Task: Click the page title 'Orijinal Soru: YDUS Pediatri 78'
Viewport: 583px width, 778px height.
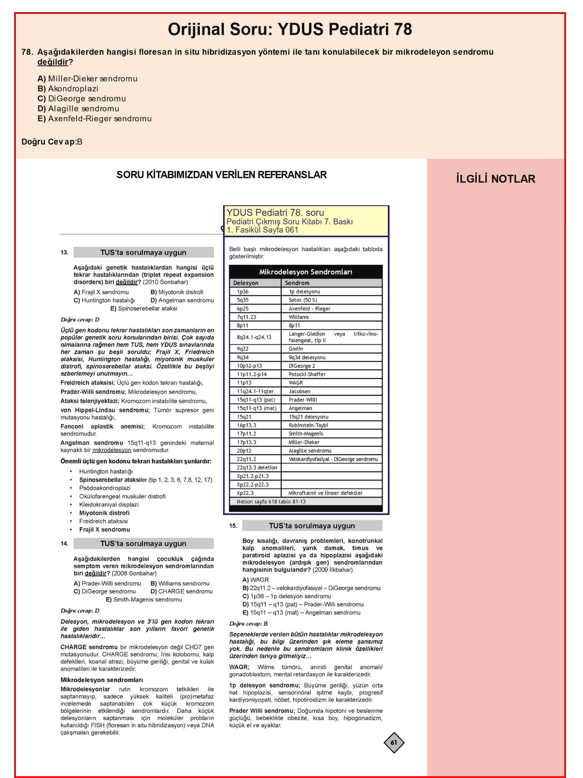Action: click(x=290, y=30)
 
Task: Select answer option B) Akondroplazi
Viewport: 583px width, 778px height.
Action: click(x=68, y=88)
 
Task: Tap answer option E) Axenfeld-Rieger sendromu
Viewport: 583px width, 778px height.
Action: click(x=94, y=119)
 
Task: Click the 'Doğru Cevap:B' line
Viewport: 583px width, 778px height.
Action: click(x=52, y=142)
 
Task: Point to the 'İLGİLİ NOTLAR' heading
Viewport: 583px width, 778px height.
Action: click(x=496, y=179)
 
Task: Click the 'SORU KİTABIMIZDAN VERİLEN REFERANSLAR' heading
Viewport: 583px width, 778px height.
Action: click(x=222, y=175)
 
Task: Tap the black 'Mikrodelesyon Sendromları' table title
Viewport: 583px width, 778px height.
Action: click(x=306, y=272)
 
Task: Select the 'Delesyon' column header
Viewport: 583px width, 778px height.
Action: click(x=246, y=283)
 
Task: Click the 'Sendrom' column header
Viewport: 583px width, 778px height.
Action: click(x=297, y=283)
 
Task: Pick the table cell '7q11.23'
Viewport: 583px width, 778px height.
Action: click(x=247, y=317)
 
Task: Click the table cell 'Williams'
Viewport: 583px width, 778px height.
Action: click(x=299, y=317)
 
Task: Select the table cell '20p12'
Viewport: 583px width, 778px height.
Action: click(x=244, y=450)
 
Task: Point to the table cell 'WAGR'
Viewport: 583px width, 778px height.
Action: click(x=296, y=382)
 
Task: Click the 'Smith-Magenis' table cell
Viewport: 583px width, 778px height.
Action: click(x=306, y=433)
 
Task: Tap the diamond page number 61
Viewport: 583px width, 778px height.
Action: click(x=394, y=743)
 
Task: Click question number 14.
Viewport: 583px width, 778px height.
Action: click(x=65, y=544)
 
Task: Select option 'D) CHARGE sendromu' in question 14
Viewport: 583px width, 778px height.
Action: click(x=182, y=591)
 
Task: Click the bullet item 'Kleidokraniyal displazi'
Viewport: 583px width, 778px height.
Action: click(x=109, y=504)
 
